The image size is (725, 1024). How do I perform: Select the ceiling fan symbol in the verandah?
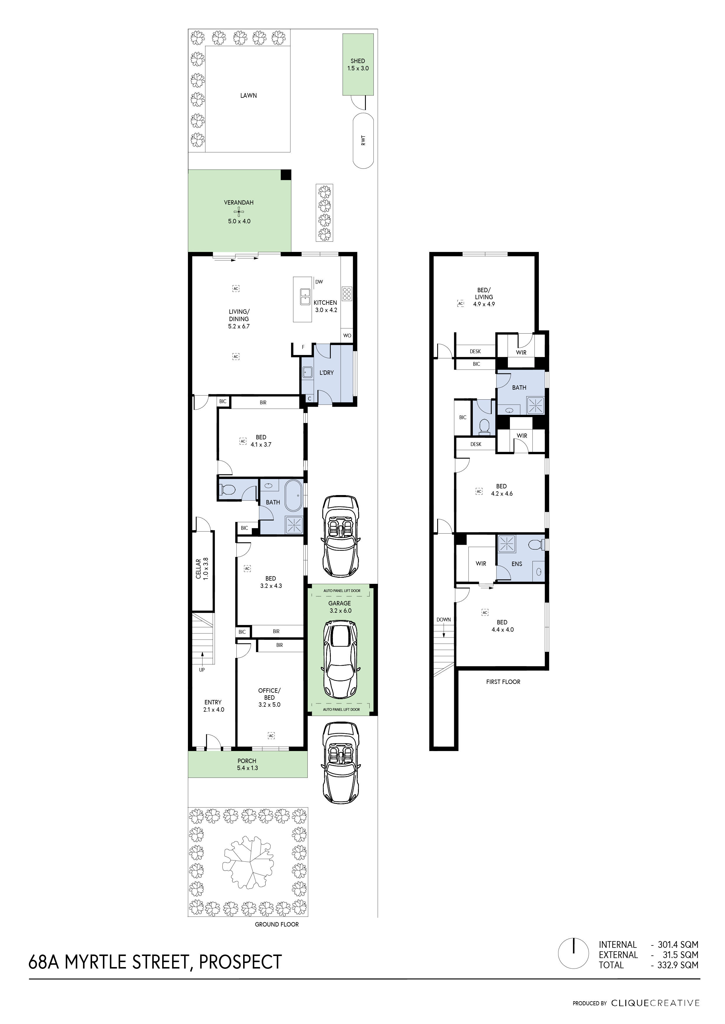point(240,212)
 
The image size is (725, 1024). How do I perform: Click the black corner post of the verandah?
point(286,175)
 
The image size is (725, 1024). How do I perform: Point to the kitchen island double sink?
point(305,296)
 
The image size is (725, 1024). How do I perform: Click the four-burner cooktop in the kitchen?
point(347,293)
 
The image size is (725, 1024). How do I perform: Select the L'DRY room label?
point(326,372)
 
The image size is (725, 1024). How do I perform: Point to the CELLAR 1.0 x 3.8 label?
point(202,569)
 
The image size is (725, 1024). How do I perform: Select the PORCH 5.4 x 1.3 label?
point(247,764)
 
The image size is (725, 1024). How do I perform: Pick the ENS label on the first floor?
point(517,564)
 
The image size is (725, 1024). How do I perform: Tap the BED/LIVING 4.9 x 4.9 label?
point(484,297)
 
